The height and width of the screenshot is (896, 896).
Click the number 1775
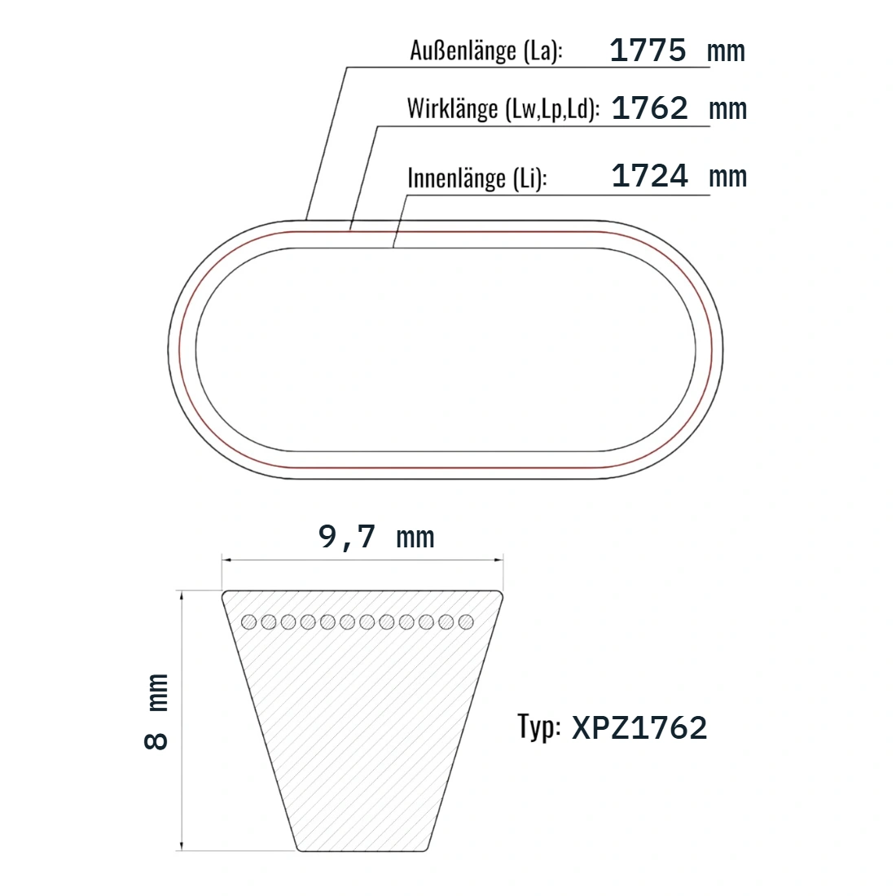648,51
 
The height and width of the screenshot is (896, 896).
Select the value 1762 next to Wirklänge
650,108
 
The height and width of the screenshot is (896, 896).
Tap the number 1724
650,175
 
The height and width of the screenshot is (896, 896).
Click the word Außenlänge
463,51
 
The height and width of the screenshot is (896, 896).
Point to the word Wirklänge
453,108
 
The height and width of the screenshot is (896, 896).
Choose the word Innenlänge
457,178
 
